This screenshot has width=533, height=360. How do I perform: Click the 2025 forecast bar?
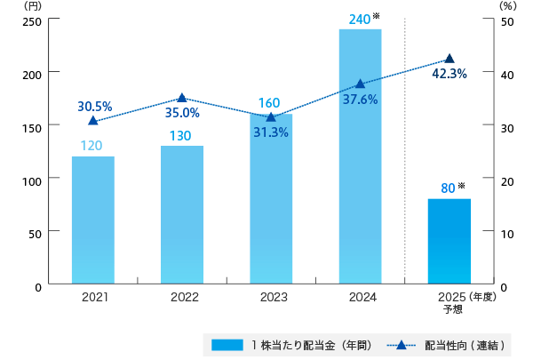coord(449,241)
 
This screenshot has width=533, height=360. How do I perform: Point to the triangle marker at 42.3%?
coord(449,59)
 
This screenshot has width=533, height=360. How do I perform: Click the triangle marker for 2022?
coord(182,98)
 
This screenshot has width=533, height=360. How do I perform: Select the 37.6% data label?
coord(360,100)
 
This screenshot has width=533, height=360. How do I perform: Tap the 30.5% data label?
coord(95,106)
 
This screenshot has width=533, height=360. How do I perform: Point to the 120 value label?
coord(92,145)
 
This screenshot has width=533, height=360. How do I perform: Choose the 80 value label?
coord(448,188)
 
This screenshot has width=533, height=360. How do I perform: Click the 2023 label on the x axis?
coord(271,299)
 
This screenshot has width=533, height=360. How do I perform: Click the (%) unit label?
coord(507,5)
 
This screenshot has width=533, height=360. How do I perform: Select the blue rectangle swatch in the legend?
coord(227,344)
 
